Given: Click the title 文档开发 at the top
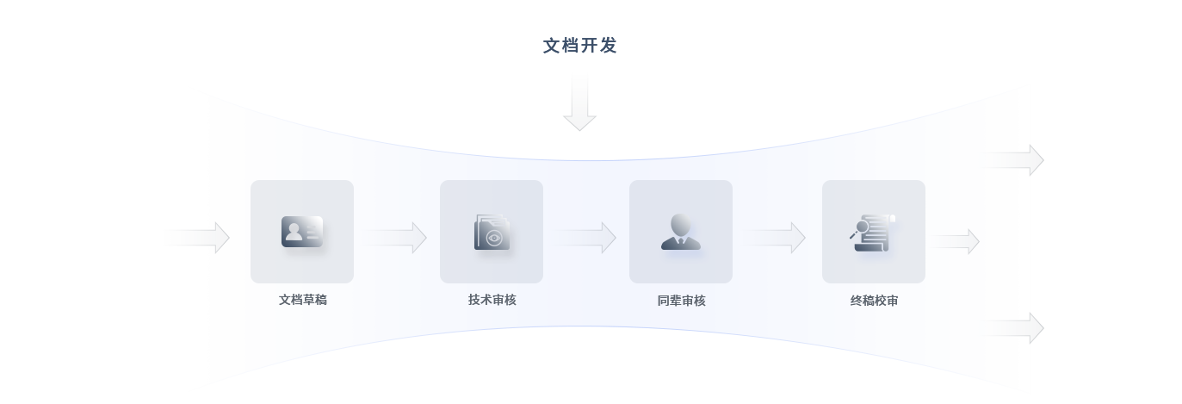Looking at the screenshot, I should [579, 46].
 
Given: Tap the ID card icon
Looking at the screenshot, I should [302, 232].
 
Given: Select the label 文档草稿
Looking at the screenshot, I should [302, 300].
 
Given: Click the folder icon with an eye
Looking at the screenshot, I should [492, 233].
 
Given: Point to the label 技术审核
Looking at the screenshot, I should [492, 300].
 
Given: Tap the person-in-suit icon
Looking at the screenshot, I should [681, 231].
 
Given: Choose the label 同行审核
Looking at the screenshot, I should [681, 301].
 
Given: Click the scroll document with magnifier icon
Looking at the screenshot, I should [873, 232].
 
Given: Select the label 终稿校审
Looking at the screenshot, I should [874, 301].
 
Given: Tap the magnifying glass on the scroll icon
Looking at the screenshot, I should [861, 227].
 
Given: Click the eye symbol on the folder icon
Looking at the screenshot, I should [493, 236].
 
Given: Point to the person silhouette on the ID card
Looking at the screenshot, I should [294, 231].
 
